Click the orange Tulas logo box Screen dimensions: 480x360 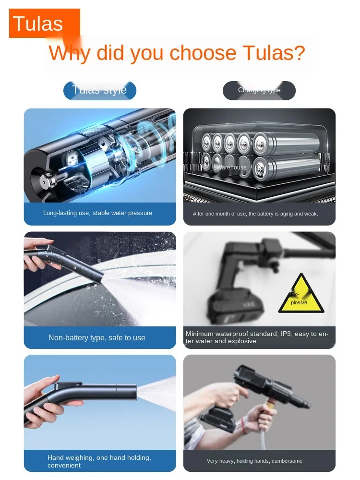pyautogui.click(x=44, y=23)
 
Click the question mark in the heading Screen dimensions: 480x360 pyautogui.click(x=299, y=53)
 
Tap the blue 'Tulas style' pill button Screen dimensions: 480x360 pyautogui.click(x=100, y=90)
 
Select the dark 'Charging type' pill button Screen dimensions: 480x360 pyautogui.click(x=259, y=90)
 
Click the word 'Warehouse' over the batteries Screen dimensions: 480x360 pyautogui.click(x=231, y=168)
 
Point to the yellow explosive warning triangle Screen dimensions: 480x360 pyautogui.click(x=301, y=294)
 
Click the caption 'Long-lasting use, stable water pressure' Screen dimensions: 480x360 pyautogui.click(x=97, y=213)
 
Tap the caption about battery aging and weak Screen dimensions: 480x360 pyautogui.click(x=255, y=214)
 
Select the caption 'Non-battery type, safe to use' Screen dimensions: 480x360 pyautogui.click(x=96, y=337)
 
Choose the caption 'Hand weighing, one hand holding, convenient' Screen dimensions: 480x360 pyautogui.click(x=99, y=461)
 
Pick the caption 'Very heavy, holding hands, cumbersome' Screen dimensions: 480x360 pyautogui.click(x=254, y=461)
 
